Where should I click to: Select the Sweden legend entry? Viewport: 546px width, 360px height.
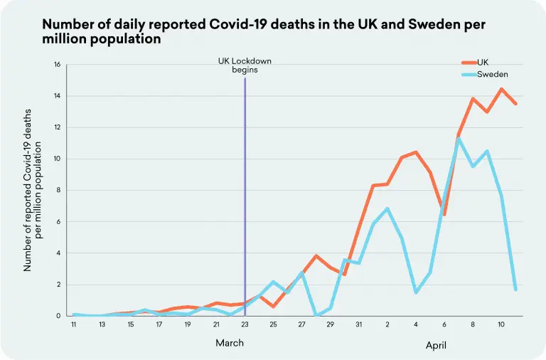point(492,74)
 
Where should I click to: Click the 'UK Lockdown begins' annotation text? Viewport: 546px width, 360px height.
point(245,65)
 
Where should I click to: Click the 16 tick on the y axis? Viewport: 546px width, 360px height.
point(57,65)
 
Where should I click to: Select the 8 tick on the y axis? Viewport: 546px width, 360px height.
point(59,191)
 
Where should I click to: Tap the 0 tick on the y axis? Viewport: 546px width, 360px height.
point(59,316)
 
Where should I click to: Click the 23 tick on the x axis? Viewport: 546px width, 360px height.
point(245,325)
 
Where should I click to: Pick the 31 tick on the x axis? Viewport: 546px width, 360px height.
point(359,325)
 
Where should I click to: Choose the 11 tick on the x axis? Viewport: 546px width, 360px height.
point(74,325)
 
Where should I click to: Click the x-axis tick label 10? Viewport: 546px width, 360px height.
point(501,325)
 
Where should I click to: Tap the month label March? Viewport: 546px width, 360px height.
point(230,343)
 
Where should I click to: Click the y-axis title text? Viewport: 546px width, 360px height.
point(34,191)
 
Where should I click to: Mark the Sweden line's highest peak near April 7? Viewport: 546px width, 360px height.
point(459,139)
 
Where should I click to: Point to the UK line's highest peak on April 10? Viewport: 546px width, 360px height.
point(502,89)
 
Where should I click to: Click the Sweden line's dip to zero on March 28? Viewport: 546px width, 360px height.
point(316,315)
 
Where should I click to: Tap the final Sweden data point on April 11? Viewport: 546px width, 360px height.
point(515,290)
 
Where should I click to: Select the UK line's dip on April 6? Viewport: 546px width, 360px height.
point(444,214)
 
